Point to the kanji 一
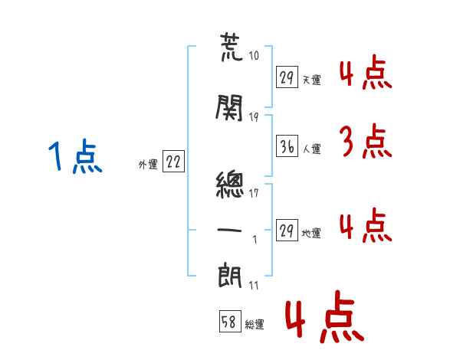(x=231, y=227)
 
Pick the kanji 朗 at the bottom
(x=231, y=274)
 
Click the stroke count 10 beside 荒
(x=255, y=56)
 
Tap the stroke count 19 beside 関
(x=255, y=116)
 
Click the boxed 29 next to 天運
(x=287, y=77)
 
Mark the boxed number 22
(x=174, y=162)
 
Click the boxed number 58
(x=228, y=322)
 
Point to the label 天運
(x=311, y=79)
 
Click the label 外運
(x=147, y=163)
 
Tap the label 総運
(x=254, y=324)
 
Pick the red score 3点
(x=363, y=142)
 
